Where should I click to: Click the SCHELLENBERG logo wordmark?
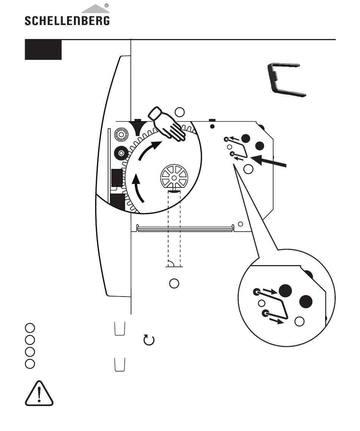(67, 20)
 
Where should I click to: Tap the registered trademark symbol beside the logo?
(107, 5)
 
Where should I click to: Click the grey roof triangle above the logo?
(95, 9)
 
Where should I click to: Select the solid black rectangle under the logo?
(43, 50)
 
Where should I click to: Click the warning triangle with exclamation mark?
(39, 394)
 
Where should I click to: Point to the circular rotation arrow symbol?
(149, 340)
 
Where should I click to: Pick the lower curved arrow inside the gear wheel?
(138, 189)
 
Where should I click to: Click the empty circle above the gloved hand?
(180, 112)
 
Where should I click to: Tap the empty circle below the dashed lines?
(174, 283)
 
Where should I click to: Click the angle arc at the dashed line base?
(171, 263)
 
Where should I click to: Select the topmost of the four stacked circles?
(30, 328)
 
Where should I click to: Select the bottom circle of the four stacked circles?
(30, 364)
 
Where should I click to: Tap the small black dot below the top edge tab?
(212, 126)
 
